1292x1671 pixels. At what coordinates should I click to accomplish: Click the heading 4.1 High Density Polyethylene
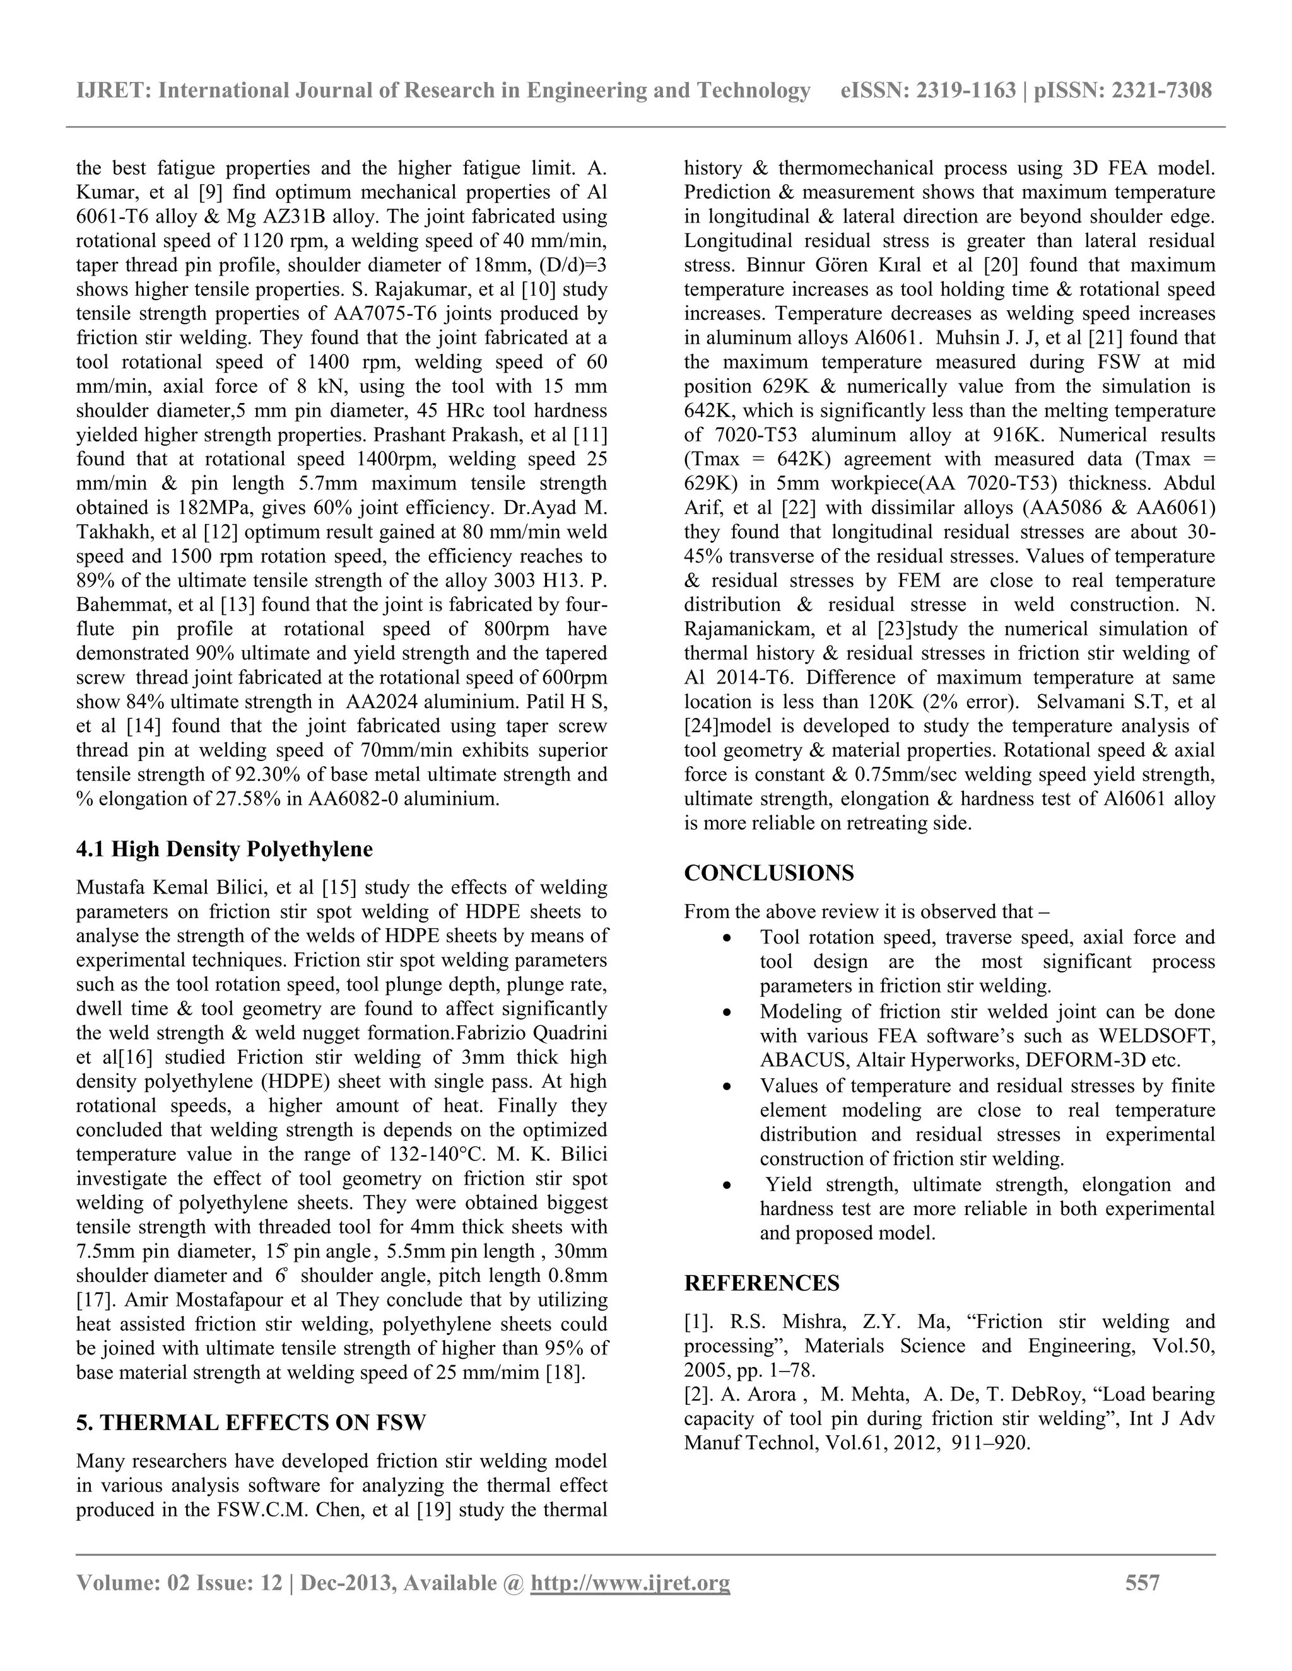(224, 849)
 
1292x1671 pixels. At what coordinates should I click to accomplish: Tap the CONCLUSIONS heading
(768, 873)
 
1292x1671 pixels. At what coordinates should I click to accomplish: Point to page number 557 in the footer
(1142, 1582)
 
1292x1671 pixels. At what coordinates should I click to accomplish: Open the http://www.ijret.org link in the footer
(630, 1582)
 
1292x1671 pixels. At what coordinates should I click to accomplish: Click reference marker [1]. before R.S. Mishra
(700, 1322)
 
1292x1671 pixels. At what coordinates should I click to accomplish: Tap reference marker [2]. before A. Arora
(700, 1395)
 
